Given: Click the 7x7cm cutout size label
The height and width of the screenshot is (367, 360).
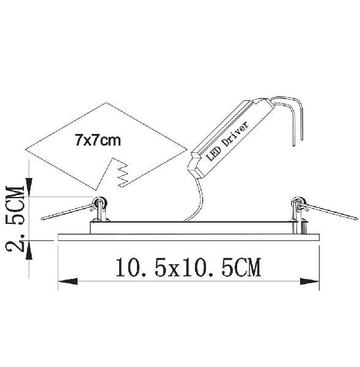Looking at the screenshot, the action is click(98, 141).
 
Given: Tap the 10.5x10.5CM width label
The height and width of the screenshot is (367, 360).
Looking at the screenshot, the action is click(188, 267).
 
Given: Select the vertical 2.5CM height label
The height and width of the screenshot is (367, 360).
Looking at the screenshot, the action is click(15, 219).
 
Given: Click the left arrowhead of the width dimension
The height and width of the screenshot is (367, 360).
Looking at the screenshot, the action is click(68, 281).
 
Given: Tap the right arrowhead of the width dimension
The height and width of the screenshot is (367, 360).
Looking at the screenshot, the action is click(309, 281).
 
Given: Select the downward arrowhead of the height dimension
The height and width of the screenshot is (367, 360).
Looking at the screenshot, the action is click(29, 187).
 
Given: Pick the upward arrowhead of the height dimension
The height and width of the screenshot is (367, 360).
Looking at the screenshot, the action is click(29, 250).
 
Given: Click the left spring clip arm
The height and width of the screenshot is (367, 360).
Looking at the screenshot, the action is click(67, 212).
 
